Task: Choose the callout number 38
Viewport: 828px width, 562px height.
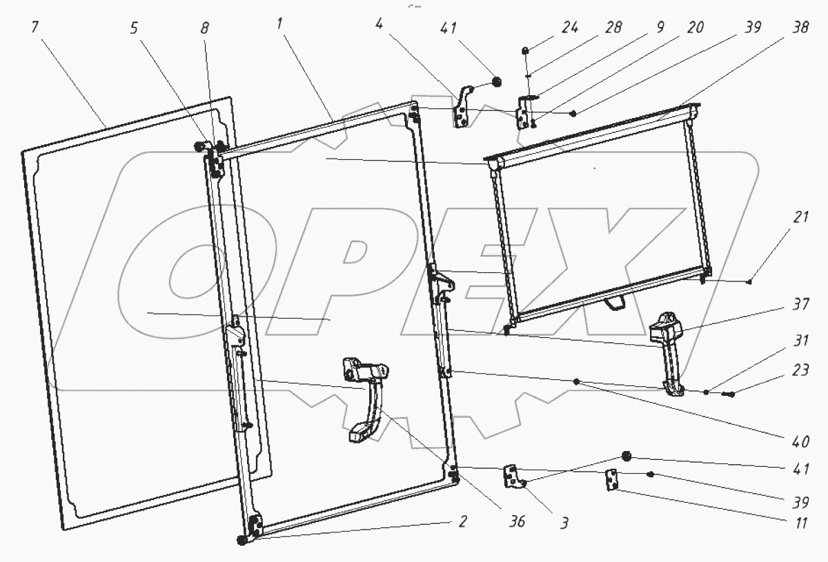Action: click(x=791, y=30)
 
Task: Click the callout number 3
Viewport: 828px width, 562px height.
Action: click(x=564, y=523)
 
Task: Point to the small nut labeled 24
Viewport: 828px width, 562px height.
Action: click(x=526, y=50)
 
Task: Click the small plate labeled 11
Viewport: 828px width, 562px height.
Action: click(x=611, y=479)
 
